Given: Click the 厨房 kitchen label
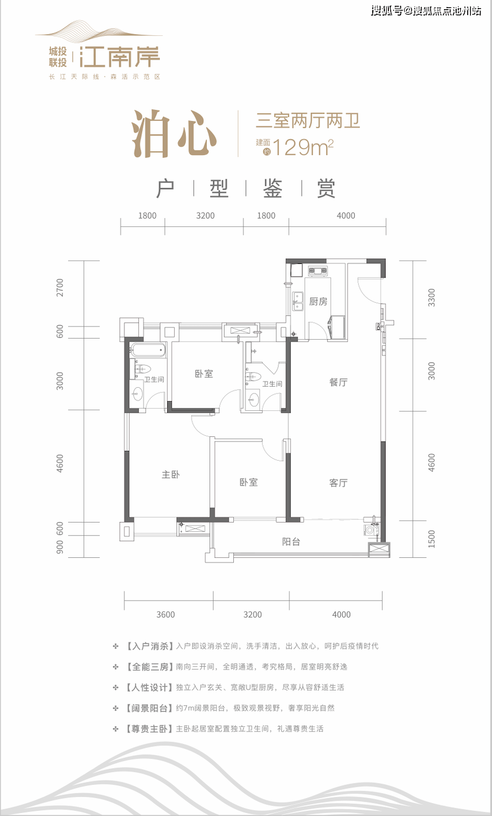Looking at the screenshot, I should pos(318,302).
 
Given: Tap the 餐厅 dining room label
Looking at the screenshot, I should pos(338,383).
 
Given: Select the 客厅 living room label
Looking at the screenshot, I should pos(338,483).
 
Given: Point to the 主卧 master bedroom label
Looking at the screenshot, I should pos(170,475).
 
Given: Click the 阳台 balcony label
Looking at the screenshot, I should pos(291,542).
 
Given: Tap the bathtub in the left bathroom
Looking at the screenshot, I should pos(148,350).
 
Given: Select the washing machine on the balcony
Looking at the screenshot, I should pos(369,530).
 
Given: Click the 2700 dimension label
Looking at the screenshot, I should pos(60,288).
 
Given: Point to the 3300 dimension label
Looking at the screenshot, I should pos(432,296).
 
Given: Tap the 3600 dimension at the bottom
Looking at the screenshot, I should pos(166,614).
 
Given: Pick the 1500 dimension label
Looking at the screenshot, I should pos(432,538).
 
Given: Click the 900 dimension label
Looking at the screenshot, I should pos(60,547).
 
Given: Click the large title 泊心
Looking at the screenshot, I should pos(174,134).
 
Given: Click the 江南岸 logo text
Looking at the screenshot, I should pos(120,57).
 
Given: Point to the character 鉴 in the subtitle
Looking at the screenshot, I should pos(272,189).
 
